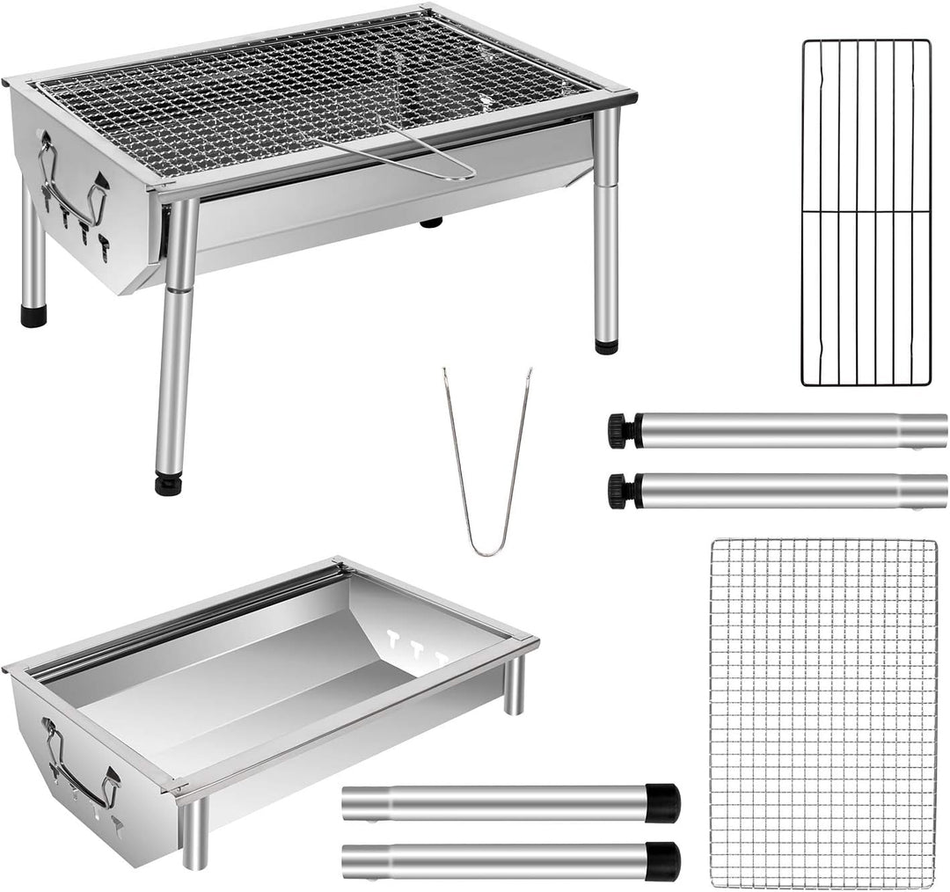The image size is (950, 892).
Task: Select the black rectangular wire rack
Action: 866,213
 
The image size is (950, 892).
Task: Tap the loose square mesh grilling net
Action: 823,713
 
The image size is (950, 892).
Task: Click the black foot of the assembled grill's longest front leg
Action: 168,484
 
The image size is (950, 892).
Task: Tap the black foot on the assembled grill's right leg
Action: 606,346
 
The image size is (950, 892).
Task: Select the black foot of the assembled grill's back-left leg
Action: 33,316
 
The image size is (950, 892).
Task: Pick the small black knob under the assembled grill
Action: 431,223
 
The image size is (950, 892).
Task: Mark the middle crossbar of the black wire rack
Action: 866,211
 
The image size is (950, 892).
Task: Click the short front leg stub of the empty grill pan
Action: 194,835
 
